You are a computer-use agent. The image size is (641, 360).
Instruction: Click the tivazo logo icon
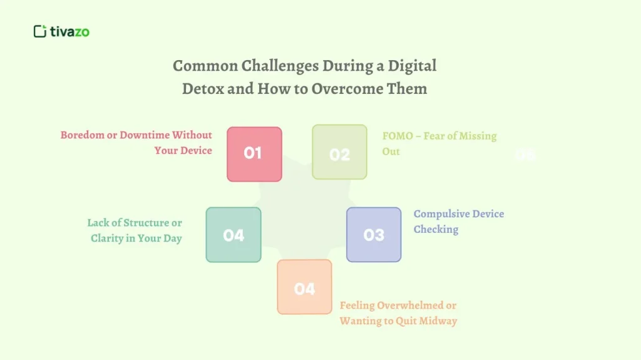pyautogui.click(x=40, y=31)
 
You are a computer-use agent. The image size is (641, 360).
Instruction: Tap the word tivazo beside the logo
pyautogui.click(x=70, y=31)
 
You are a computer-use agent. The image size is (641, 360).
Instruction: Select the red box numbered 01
pyautogui.click(x=254, y=154)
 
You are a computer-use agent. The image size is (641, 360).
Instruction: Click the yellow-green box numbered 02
pyautogui.click(x=339, y=152)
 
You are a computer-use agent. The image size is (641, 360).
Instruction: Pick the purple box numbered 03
pyautogui.click(x=374, y=235)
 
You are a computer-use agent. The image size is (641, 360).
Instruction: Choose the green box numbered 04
pyautogui.click(x=233, y=235)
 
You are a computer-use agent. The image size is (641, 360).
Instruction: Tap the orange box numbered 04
pyautogui.click(x=305, y=287)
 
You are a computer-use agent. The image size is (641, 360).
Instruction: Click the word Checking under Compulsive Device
pyautogui.click(x=436, y=230)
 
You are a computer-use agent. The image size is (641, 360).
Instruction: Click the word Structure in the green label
pyautogui.click(x=145, y=223)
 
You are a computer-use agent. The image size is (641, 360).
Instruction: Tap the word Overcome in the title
pyautogui.click(x=349, y=89)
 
